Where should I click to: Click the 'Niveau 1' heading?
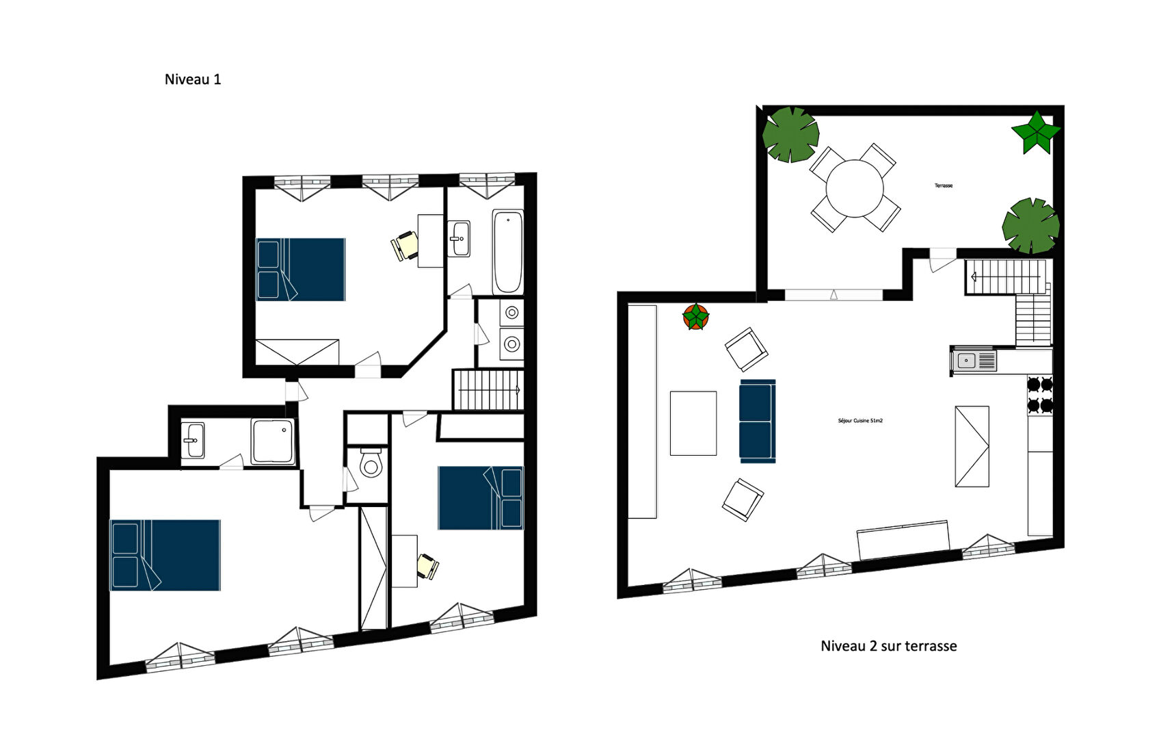[192, 79]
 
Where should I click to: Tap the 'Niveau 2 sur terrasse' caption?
[888, 646]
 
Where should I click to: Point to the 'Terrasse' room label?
[943, 185]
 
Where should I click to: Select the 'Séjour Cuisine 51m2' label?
[860, 421]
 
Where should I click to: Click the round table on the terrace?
[855, 188]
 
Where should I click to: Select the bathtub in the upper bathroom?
[507, 252]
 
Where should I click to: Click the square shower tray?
[273, 442]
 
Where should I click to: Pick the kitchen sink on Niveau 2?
[973, 360]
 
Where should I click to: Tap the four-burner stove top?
[1040, 395]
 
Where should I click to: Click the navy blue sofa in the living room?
[758, 421]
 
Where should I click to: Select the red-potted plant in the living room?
[695, 317]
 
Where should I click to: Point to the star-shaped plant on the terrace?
[1036, 133]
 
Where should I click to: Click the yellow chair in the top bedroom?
[405, 246]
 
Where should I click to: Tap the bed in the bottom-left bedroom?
[165, 555]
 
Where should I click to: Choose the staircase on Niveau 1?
[488, 390]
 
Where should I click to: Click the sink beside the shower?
[193, 440]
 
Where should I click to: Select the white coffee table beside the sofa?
[693, 423]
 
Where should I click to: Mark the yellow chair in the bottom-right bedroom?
[428, 567]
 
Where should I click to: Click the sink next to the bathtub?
[458, 239]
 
